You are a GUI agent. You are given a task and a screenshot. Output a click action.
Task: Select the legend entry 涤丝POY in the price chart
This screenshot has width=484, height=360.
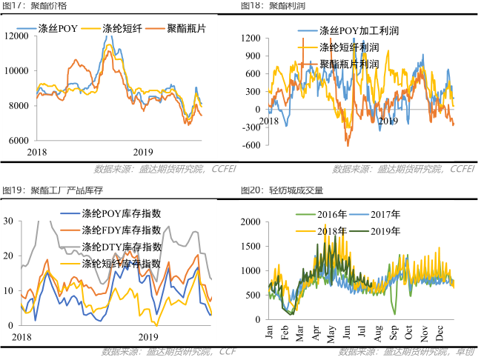click(x=59, y=29)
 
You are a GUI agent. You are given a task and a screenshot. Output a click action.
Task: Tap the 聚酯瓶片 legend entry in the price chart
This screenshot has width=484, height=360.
click(x=185, y=29)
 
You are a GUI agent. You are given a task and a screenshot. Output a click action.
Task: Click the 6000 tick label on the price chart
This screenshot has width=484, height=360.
click(x=19, y=140)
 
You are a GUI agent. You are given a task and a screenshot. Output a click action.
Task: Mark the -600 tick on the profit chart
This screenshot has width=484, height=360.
click(x=251, y=145)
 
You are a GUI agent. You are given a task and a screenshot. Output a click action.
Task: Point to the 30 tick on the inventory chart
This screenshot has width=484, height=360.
click(x=7, y=221)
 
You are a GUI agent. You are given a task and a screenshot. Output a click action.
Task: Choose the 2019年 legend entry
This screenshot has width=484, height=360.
click(x=382, y=231)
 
